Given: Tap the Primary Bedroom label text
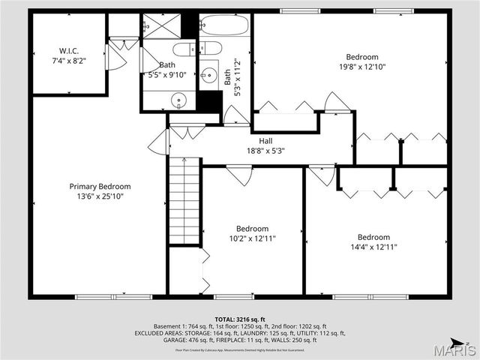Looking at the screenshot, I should (100, 187).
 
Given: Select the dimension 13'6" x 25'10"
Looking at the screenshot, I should (100, 196).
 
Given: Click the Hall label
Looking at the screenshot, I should (265, 140).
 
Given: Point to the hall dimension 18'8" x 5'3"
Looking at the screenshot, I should (265, 150).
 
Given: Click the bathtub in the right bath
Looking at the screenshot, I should (224, 26).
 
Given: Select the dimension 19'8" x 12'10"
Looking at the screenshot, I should (361, 67).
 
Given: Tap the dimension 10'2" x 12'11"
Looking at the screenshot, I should (252, 238).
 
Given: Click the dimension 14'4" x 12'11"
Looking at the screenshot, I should (373, 246).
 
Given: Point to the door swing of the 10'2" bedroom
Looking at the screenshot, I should (240, 175).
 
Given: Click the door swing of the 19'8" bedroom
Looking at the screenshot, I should (337, 103).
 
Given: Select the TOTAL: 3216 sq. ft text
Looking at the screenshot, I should (240, 319).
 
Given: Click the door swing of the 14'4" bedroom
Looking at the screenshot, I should (322, 176).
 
